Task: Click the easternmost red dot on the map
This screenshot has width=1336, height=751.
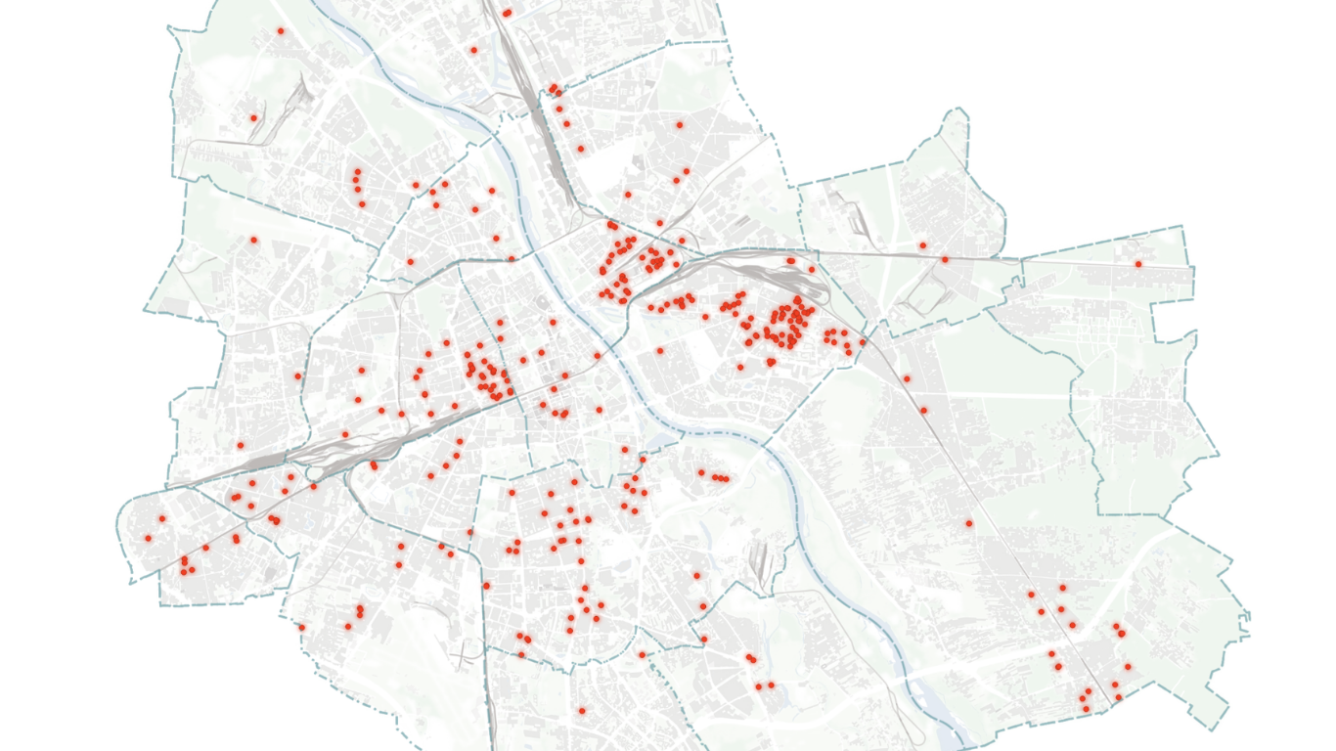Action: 1138,264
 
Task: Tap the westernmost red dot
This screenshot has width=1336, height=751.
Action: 148,538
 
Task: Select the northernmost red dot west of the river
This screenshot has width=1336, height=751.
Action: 280,30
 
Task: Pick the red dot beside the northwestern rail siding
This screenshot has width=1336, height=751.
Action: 252,118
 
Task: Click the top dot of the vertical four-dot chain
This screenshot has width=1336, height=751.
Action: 356,172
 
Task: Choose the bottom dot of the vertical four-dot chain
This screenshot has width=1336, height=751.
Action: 362,204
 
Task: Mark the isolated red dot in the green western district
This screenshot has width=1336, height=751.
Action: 253,240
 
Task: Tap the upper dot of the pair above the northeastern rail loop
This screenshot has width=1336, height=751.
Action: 922,245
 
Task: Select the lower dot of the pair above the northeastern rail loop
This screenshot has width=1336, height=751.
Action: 945,259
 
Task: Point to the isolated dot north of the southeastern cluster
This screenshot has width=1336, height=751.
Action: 969,523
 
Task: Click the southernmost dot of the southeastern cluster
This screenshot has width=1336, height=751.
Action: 1086,709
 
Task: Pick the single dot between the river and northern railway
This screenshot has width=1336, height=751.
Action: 473,50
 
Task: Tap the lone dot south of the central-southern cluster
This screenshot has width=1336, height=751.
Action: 581,711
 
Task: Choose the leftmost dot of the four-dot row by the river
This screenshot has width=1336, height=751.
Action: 701,473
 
